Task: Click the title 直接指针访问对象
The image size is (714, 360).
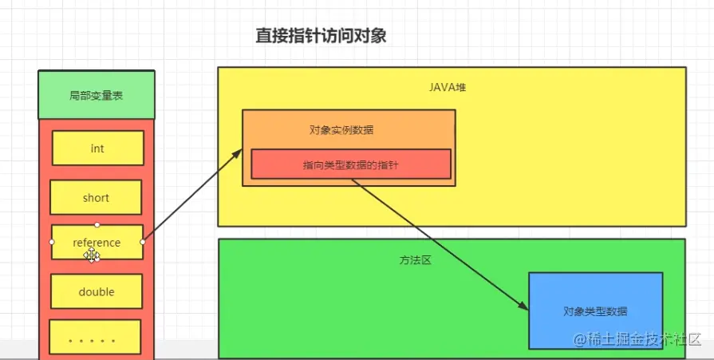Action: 321,36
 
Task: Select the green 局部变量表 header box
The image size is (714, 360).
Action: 97,96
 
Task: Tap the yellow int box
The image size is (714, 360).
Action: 97,148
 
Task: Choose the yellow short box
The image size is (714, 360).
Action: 96,198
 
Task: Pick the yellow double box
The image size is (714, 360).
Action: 97,292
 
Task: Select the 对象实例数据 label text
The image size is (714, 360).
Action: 341,130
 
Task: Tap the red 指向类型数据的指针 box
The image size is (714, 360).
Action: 351,164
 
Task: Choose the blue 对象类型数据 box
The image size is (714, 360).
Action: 595,311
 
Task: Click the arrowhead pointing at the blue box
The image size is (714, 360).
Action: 523,309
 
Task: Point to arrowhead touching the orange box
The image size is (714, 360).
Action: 238,152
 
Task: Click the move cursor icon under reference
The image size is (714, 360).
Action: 93,255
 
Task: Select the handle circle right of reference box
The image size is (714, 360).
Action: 142,241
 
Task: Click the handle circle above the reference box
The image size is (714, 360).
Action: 97,224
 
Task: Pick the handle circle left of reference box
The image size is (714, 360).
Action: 52,241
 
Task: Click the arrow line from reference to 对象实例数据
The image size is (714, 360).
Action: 191,196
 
